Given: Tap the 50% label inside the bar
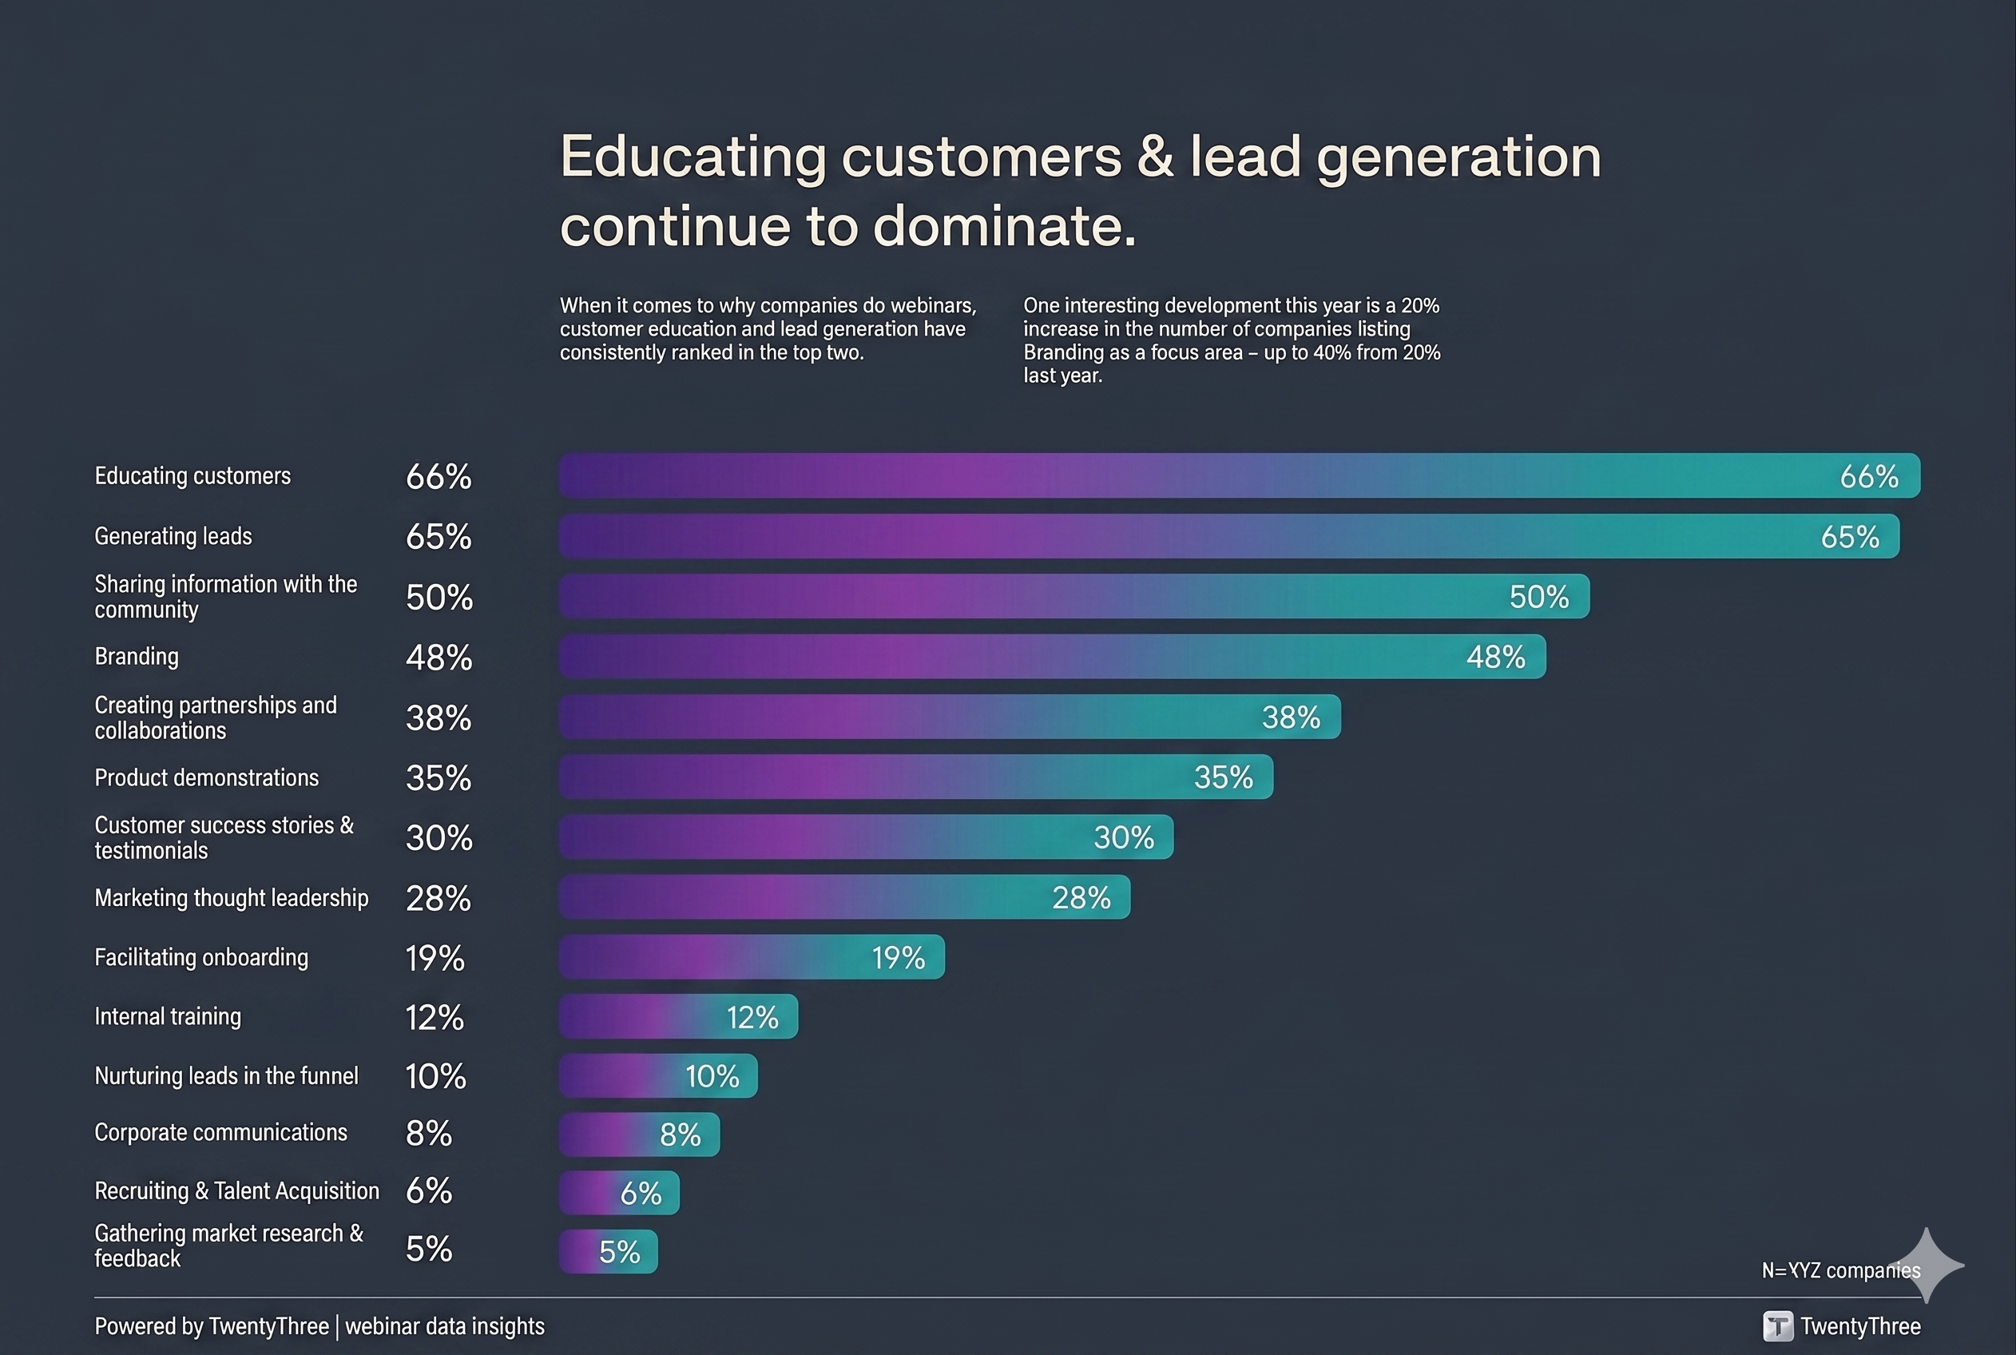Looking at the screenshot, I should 1538,596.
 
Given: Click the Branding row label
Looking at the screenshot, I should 137,657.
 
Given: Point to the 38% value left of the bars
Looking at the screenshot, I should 439,717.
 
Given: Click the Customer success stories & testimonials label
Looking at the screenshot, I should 224,837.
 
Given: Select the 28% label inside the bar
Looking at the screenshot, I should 1081,898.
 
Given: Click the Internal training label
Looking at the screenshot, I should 168,1016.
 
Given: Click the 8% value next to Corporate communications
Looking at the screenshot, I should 428,1133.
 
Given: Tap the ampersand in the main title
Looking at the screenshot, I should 1155,157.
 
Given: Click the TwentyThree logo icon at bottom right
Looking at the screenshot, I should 1778,1325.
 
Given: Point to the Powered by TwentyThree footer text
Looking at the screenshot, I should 212,1326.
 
